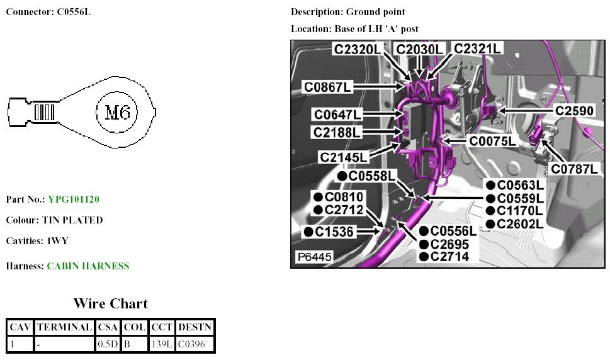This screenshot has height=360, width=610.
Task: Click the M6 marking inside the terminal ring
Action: (116, 113)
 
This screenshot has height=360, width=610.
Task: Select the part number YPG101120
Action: (73, 200)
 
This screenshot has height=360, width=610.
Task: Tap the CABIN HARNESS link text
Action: (88, 266)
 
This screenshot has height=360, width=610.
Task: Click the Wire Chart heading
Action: (110, 304)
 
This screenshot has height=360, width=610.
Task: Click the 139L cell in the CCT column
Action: (162, 344)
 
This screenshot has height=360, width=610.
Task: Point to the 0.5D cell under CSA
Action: (108, 344)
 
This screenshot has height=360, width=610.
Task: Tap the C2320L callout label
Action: (357, 49)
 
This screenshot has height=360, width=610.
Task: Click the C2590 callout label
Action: (573, 111)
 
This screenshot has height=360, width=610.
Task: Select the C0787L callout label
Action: (574, 169)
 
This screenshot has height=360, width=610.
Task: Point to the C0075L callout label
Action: (492, 141)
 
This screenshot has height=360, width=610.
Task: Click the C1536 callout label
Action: (334, 232)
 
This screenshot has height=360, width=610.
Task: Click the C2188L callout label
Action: (337, 132)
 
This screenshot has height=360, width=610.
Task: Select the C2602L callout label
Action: (520, 223)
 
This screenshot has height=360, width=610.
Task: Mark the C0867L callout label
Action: (328, 87)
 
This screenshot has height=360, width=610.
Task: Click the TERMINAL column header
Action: (64, 327)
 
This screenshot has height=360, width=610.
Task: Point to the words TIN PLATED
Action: (72, 220)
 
